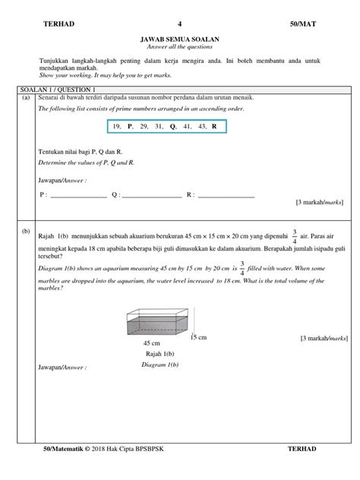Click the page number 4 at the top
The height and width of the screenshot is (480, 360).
(x=180, y=24)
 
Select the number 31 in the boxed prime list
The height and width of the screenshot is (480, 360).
(x=159, y=126)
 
